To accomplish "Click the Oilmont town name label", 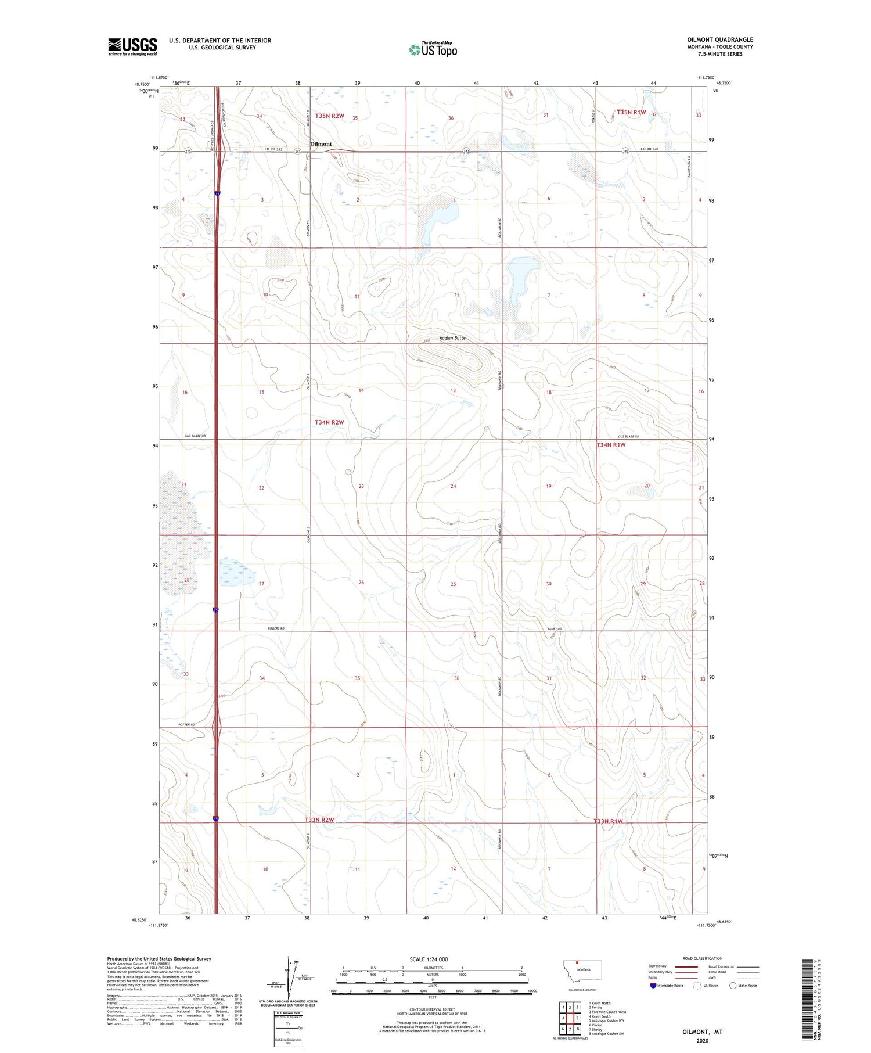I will pyautogui.click(x=321, y=144).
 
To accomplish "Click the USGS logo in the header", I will pyautogui.click(x=132, y=46).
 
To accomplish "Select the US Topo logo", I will pyautogui.click(x=433, y=50).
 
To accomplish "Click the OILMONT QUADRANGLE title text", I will pyautogui.click(x=719, y=39).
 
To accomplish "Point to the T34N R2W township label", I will pyautogui.click(x=329, y=422).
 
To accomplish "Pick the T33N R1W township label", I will pyautogui.click(x=608, y=821).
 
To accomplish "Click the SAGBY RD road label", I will pyautogui.click(x=555, y=629).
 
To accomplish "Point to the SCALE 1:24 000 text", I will pyautogui.click(x=429, y=959).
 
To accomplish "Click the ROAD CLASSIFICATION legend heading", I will pyautogui.click(x=702, y=958).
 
